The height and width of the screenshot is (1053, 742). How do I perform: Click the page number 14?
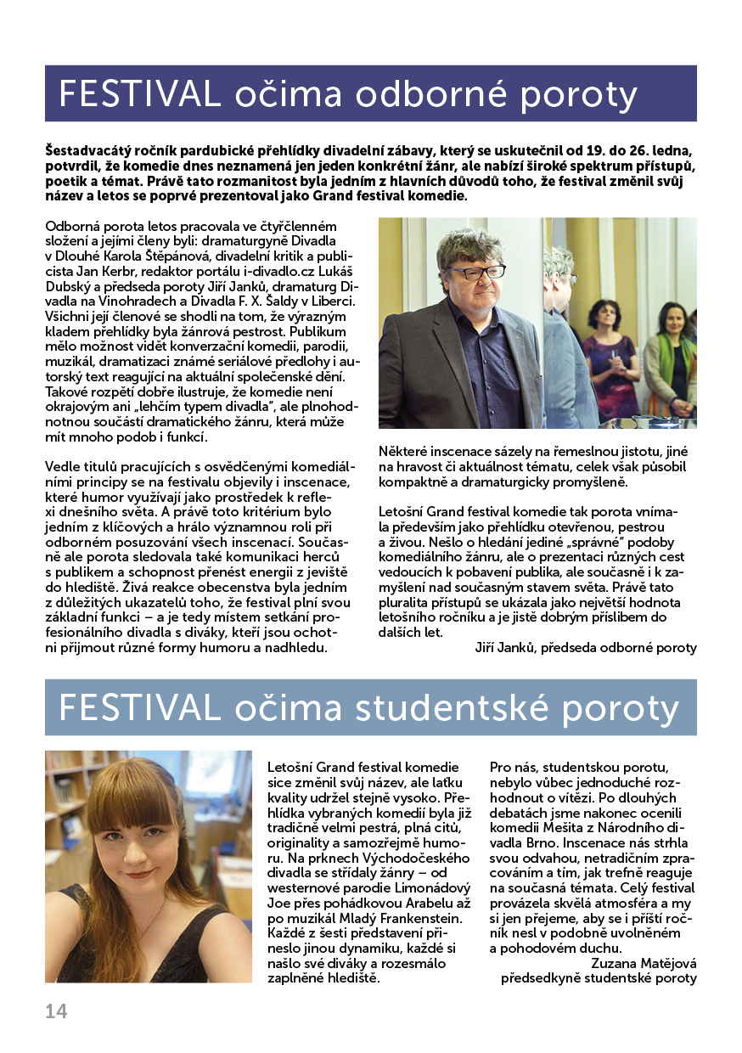click(56, 1011)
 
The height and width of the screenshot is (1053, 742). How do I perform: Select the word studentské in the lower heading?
click(478, 708)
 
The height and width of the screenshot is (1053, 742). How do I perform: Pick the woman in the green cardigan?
click(672, 357)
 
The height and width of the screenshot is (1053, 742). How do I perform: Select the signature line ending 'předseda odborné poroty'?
click(586, 648)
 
